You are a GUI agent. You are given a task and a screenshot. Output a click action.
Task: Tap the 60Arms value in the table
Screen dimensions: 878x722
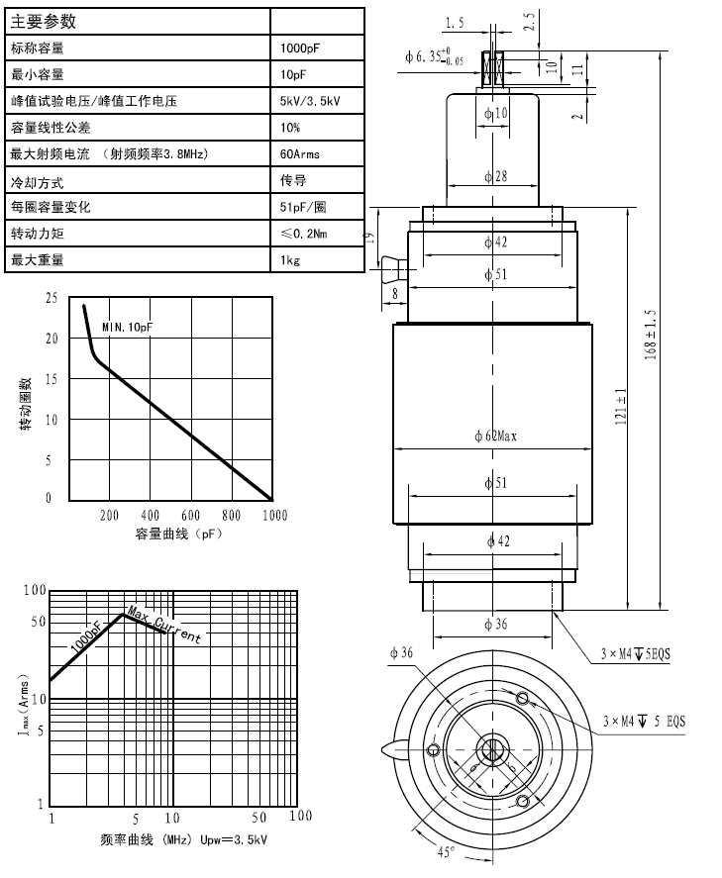pos(300,154)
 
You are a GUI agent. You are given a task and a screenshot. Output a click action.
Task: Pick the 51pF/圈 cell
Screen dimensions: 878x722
pos(304,208)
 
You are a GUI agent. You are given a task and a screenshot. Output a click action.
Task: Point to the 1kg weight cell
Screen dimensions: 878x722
pos(290,261)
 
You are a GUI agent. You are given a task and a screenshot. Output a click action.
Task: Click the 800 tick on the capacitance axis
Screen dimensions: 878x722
pos(231,516)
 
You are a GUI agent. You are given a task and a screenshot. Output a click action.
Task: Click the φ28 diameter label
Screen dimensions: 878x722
pos(495,177)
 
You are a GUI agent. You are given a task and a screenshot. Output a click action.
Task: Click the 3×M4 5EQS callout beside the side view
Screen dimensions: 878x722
pos(635,654)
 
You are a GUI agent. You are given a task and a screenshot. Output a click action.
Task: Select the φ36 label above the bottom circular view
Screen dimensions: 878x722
pos(400,651)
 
